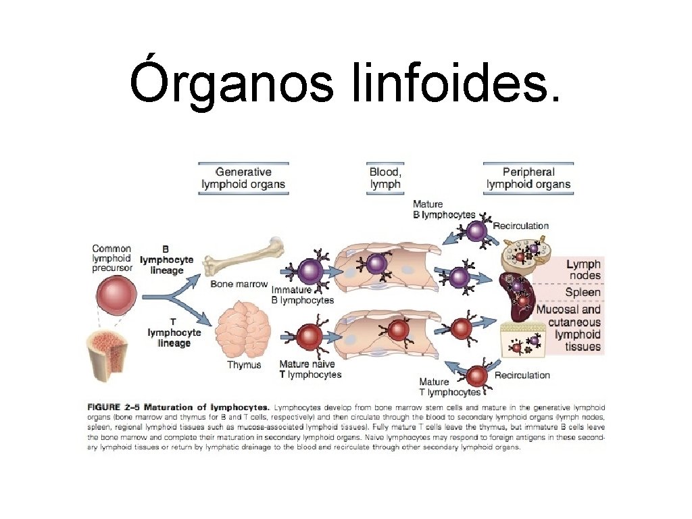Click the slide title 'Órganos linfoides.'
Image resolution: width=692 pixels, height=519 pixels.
(x=345, y=83)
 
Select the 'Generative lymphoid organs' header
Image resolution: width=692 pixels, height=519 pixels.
(x=243, y=178)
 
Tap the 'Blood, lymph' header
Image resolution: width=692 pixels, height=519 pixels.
(x=385, y=178)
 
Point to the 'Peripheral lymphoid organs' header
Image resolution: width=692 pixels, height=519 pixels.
(x=528, y=178)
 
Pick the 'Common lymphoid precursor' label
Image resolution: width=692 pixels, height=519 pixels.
(x=112, y=258)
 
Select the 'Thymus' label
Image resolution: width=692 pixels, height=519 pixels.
(x=244, y=365)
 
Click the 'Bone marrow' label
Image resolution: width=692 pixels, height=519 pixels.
(x=239, y=284)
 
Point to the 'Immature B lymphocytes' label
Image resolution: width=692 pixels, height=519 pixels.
(x=302, y=295)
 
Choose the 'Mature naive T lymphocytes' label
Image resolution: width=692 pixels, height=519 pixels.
(x=310, y=369)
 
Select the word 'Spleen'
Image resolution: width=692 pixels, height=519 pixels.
(x=583, y=293)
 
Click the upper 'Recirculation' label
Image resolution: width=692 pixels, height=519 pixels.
(x=521, y=226)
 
